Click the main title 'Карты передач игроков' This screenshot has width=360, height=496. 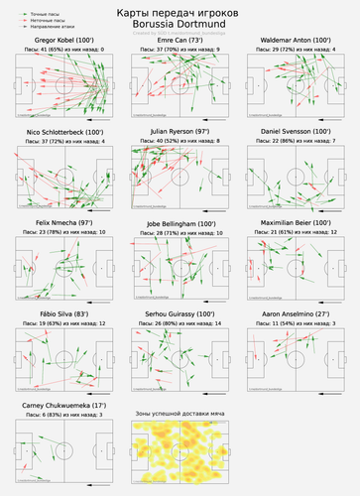(180, 10)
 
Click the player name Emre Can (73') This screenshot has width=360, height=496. (180, 39)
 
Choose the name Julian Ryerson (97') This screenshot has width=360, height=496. (180, 131)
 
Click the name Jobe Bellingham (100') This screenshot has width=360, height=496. (180, 223)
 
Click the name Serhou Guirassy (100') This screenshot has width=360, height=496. (180, 315)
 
